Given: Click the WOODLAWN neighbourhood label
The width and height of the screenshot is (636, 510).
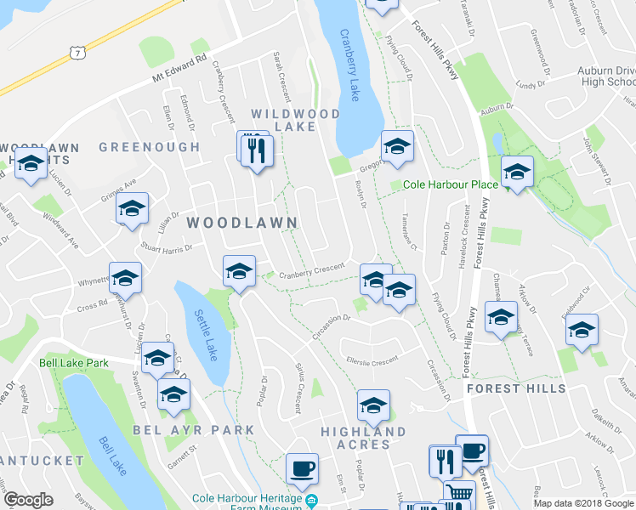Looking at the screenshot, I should coord(241,223).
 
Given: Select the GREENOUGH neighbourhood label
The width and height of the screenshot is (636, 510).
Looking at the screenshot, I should coord(150,147).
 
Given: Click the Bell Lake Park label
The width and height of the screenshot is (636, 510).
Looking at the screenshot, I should coord(73,362).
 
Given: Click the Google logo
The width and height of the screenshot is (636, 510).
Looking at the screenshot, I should coord(29,500).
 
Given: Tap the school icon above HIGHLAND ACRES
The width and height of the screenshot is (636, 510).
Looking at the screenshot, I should coord(372,405).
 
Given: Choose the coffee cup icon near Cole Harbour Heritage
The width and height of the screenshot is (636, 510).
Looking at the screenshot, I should coord(301,467).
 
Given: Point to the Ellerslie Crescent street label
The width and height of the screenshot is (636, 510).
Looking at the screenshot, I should coord(372,360).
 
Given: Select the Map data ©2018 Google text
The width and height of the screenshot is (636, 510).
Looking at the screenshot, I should coord(583,503).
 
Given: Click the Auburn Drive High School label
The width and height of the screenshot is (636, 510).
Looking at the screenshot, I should coord(607,76).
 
